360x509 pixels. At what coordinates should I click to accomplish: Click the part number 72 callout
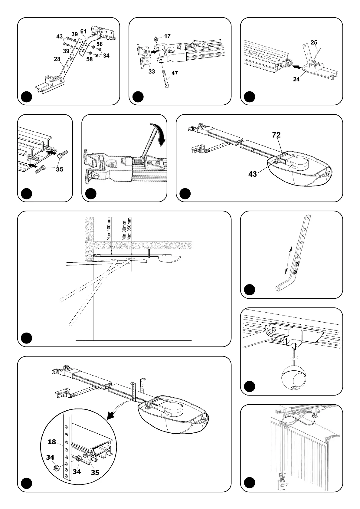(276, 135)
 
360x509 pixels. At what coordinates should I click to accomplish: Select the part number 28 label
(57, 59)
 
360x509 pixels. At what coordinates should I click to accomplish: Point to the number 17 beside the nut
(167, 36)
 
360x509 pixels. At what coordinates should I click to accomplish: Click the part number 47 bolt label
(175, 73)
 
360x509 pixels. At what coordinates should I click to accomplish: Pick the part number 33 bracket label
(152, 71)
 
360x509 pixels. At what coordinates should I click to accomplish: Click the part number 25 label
(314, 42)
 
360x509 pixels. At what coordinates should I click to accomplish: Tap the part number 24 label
(296, 79)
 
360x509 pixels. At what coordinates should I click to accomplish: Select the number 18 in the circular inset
(52, 442)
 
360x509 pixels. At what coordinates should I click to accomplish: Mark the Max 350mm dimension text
(129, 229)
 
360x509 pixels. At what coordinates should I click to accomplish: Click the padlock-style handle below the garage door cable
(282, 483)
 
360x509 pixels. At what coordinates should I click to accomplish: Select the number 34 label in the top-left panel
(106, 55)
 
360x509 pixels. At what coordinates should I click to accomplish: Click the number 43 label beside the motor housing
(253, 174)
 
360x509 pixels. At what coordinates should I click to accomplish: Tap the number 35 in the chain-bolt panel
(60, 169)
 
